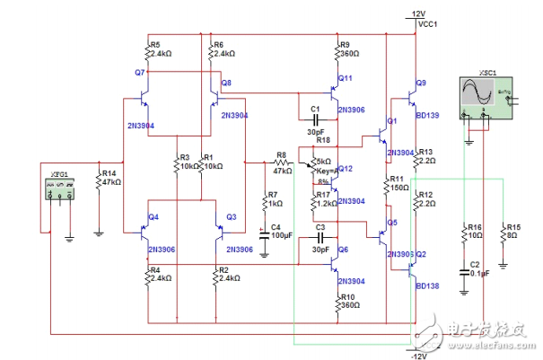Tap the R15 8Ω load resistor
point(504,241)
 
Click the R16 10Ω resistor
point(464,241)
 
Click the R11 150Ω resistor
point(386,184)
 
